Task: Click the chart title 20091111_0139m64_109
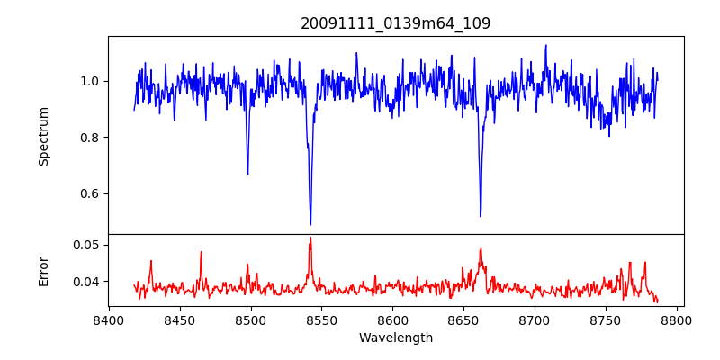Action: click(396, 23)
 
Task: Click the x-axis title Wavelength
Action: click(396, 337)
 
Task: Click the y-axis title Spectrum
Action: click(44, 136)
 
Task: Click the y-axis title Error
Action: click(44, 270)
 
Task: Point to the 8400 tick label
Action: click(109, 319)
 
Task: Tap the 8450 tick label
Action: click(180, 319)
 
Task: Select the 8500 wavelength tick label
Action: click(250, 319)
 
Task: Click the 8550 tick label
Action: click(321, 319)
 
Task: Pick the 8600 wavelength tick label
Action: click(392, 319)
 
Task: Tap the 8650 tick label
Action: click(463, 319)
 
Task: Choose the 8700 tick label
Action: click(535, 319)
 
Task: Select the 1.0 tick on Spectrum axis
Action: click(91, 81)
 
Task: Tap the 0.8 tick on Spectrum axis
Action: click(91, 138)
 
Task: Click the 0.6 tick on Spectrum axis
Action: click(91, 193)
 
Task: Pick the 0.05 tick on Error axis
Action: click(87, 245)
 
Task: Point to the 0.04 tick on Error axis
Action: click(87, 282)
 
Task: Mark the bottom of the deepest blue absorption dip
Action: click(310, 224)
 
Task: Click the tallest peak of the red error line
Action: click(310, 238)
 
